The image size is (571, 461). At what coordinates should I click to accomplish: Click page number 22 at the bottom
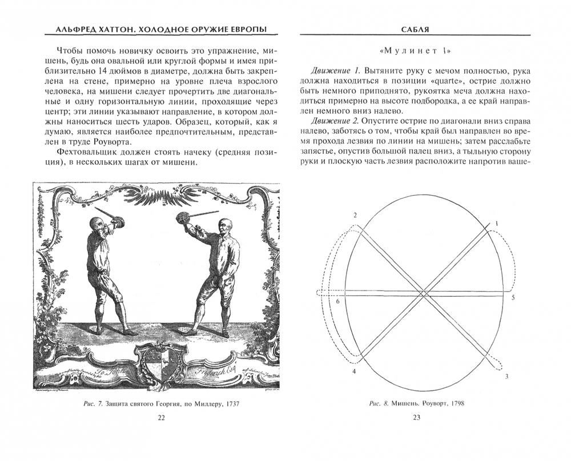(x=161, y=418)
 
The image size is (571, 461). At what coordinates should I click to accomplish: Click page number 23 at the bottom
(x=416, y=418)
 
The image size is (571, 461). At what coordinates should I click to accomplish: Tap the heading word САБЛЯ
(x=416, y=29)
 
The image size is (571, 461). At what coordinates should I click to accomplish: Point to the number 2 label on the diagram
(x=355, y=214)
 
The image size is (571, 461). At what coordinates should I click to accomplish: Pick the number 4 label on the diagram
(x=354, y=372)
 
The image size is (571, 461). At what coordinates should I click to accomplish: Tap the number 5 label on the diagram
(x=513, y=298)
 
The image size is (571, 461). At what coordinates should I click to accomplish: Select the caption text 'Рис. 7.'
(x=91, y=404)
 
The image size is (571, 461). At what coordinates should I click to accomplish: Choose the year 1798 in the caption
(x=455, y=404)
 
